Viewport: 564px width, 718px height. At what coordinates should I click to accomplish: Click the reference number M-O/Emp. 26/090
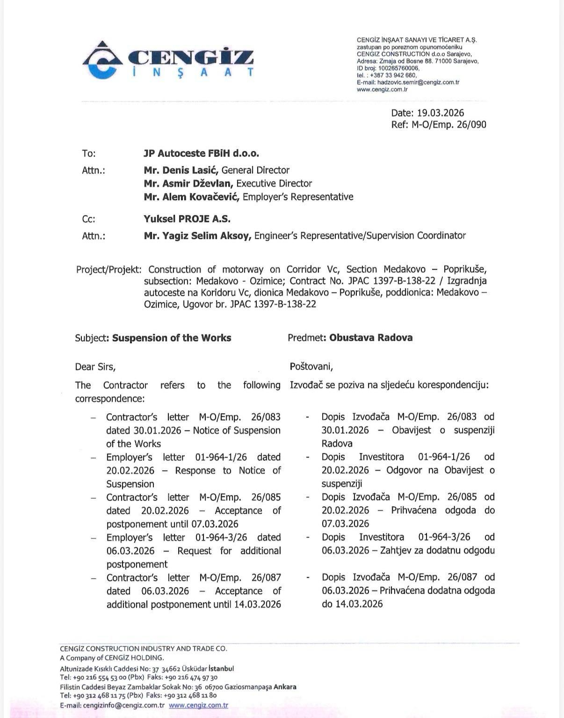coord(449,124)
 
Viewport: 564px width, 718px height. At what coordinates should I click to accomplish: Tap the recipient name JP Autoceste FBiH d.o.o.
coord(201,153)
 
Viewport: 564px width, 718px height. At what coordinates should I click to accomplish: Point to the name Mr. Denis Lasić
coord(181,170)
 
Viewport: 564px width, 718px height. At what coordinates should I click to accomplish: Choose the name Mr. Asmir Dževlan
coord(188,183)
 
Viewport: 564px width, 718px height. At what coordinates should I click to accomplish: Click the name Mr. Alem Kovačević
coord(192,197)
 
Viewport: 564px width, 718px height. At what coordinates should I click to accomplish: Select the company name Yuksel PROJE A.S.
coord(187,219)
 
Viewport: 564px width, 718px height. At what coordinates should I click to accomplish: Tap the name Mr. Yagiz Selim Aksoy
coord(197,236)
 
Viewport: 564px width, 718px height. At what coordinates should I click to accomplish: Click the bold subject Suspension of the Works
coord(172,338)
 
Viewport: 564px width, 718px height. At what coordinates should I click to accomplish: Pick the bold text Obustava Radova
coord(371,337)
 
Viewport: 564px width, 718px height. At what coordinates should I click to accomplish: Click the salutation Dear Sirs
coord(95,367)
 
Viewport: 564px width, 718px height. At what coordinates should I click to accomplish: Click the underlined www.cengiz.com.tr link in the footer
coord(198,705)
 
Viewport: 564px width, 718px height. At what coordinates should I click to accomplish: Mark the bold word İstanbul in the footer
coord(221,668)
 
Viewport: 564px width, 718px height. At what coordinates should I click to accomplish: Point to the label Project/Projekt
coord(108,270)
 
